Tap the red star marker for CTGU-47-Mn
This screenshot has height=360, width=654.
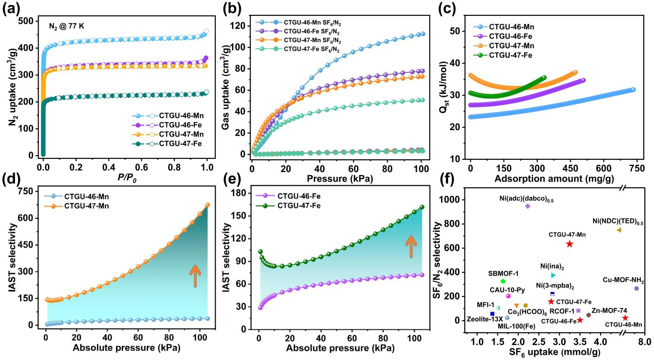click(x=569, y=244)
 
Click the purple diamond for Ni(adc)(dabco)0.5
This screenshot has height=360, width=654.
click(x=528, y=206)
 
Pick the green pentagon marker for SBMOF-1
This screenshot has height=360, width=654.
click(x=503, y=281)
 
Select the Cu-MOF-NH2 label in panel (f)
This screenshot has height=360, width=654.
click(x=623, y=281)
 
